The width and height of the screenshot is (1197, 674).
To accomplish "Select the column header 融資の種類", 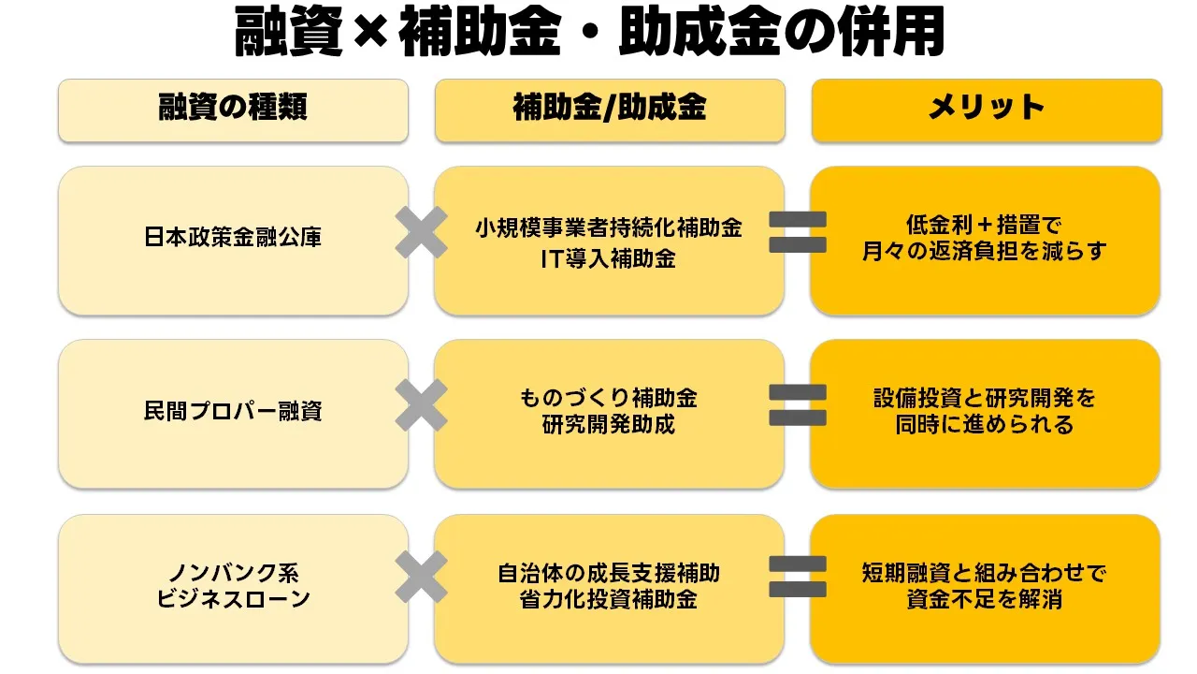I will tap(233, 109).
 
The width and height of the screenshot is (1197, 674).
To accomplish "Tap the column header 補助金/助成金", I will tap(609, 109).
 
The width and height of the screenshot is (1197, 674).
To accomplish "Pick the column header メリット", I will tap(986, 109).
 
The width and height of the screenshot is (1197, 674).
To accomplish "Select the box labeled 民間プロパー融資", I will tap(233, 411).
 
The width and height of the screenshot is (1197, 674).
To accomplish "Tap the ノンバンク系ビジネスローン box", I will tap(233, 586).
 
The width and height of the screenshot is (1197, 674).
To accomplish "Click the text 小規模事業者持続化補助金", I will tap(609, 227).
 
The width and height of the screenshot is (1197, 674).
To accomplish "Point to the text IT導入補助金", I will tap(609, 258).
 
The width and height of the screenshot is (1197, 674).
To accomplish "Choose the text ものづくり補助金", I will tap(609, 399).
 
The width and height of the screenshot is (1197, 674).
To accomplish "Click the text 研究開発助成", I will tap(609, 426).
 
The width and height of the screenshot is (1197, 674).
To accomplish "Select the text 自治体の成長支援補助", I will tap(609, 573).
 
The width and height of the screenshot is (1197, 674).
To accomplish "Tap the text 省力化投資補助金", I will tap(609, 600).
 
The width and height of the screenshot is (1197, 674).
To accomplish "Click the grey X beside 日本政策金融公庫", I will tap(421, 232).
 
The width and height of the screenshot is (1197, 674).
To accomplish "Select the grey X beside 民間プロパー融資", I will tap(421, 406).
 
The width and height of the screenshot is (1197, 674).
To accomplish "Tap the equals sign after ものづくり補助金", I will tap(798, 404).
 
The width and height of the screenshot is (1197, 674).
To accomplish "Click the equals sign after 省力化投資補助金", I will tap(798, 577).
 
